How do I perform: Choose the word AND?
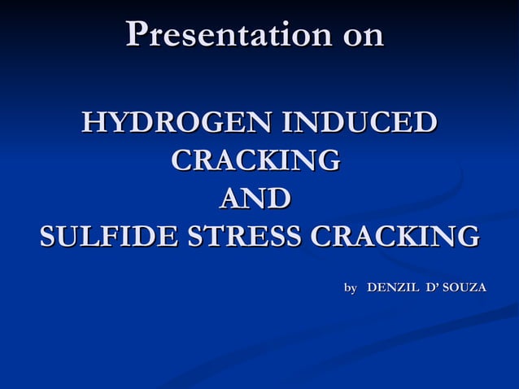(x=256, y=199)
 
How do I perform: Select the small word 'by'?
(x=351, y=288)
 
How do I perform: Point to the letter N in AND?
(x=256, y=199)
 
